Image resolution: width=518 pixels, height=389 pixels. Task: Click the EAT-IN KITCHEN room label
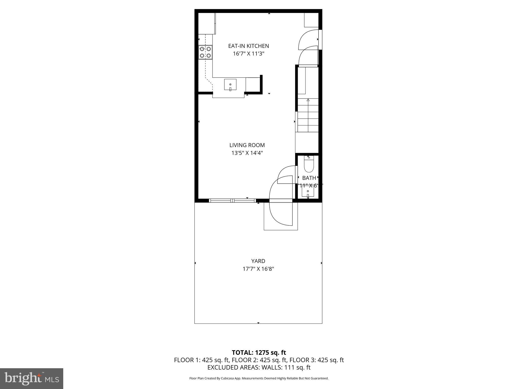[248, 46]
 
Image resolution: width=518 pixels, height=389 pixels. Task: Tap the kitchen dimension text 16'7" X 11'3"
[248, 54]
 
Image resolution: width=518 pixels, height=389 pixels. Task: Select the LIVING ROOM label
[247, 145]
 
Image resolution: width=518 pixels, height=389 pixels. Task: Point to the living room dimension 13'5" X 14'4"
[247, 153]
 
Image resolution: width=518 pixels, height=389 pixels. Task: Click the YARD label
[258, 261]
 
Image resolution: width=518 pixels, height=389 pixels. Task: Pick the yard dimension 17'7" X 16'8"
[258, 269]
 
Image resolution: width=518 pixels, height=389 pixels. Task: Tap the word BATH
[309, 178]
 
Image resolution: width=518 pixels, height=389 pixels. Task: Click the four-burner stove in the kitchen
[205, 52]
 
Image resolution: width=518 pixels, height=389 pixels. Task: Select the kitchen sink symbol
[230, 85]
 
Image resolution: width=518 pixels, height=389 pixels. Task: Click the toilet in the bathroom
[309, 165]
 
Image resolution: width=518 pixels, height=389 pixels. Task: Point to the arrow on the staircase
[308, 101]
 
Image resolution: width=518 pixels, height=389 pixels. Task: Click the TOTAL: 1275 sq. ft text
[259, 353]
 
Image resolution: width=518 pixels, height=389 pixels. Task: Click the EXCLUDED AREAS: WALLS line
[259, 367]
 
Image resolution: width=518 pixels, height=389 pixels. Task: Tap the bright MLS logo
[32, 378]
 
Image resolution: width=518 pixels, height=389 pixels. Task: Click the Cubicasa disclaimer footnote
[259, 378]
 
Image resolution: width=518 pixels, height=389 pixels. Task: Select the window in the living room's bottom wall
[232, 201]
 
